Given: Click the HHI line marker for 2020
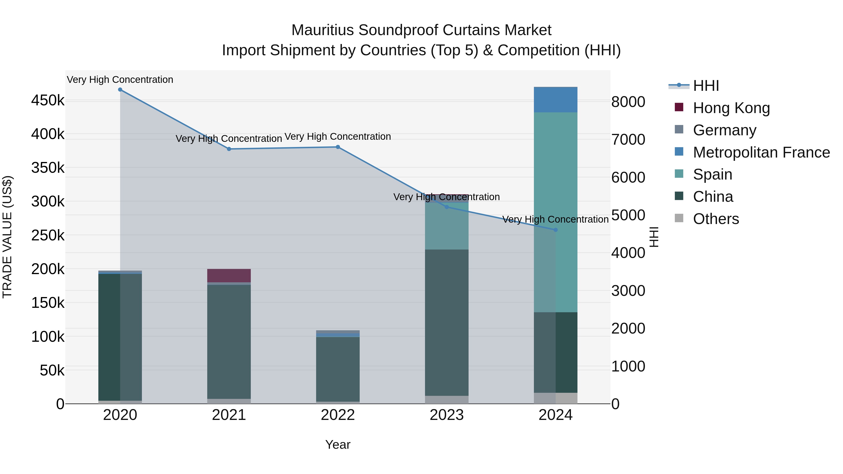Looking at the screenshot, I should [x=120, y=90].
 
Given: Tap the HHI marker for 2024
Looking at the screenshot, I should [x=555, y=230].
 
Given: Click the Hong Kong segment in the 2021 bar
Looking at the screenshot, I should [x=229, y=276].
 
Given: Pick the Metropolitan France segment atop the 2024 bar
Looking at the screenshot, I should [x=555, y=100].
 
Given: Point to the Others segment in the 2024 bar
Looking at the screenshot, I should [x=555, y=398].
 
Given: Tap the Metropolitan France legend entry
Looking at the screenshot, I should [x=761, y=152].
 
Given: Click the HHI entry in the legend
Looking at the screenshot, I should [x=706, y=86].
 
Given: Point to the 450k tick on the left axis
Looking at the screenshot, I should [x=48, y=100].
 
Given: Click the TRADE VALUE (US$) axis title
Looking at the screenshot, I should [x=7, y=237].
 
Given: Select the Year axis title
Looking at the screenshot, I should [x=338, y=445].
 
